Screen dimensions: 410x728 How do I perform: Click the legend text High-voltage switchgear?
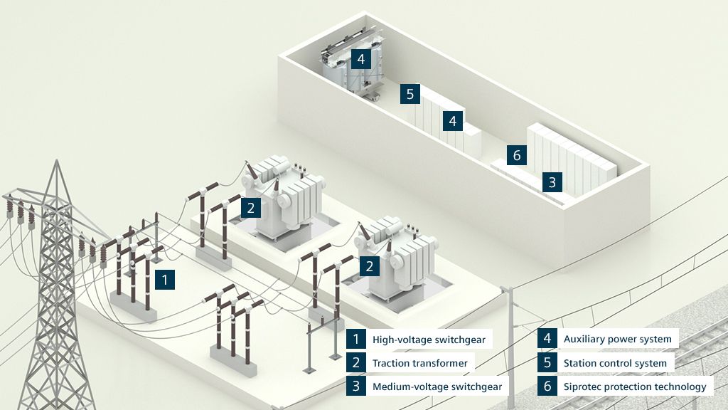[429, 340]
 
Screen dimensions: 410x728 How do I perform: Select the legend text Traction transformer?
[419, 363]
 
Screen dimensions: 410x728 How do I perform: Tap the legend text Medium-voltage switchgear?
[437, 387]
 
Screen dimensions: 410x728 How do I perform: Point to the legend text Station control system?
[615, 363]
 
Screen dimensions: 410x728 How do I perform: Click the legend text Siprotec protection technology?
[634, 387]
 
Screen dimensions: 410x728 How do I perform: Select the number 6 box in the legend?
[547, 387]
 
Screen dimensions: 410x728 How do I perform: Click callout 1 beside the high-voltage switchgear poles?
[164, 280]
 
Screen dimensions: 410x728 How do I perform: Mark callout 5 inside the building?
[410, 93]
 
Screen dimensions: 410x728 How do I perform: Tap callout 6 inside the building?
[517, 154]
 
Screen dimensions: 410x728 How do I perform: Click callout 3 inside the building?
[552, 182]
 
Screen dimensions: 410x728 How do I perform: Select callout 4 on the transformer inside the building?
[361, 59]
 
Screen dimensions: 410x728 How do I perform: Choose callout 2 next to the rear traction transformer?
[250, 207]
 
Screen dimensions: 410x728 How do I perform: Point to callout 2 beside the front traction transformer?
[369, 267]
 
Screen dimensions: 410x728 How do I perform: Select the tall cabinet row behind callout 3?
[572, 157]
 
